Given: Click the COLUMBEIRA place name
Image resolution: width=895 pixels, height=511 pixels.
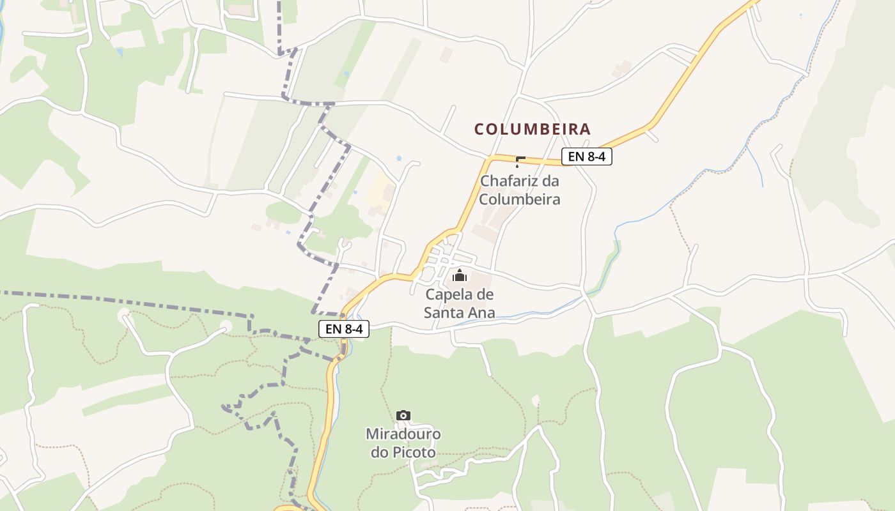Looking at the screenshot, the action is pyautogui.click(x=532, y=129).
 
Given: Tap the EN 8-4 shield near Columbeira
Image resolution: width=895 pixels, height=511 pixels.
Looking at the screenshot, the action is pyautogui.click(x=586, y=156).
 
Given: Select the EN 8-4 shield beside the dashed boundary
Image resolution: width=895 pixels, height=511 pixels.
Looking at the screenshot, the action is pyautogui.click(x=343, y=329).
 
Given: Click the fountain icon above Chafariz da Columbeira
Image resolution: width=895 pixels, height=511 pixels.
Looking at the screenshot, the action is pyautogui.click(x=520, y=161).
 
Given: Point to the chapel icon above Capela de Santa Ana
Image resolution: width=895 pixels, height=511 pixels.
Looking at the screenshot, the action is pyautogui.click(x=460, y=275).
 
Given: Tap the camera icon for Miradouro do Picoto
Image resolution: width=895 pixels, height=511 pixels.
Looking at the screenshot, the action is pyautogui.click(x=403, y=416).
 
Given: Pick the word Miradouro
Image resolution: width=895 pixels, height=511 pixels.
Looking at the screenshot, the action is pyautogui.click(x=403, y=434).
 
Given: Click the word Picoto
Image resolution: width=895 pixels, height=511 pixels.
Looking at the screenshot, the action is pyautogui.click(x=414, y=453).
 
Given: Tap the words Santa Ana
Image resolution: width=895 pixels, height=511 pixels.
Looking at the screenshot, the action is pyautogui.click(x=459, y=313).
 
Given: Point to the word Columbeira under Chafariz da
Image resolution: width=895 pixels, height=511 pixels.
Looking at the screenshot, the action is pyautogui.click(x=520, y=199).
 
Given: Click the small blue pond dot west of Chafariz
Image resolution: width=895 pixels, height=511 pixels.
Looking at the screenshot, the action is pyautogui.click(x=399, y=158).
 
